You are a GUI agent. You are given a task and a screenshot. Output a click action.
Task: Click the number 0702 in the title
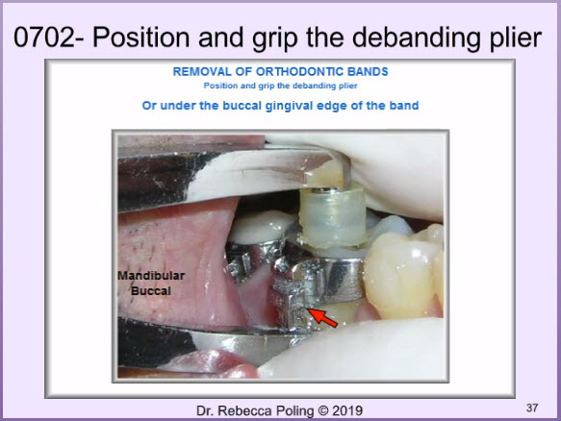(44, 37)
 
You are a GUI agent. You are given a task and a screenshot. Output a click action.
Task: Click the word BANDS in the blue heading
(368, 72)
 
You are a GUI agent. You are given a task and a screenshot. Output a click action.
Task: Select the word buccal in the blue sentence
(242, 106)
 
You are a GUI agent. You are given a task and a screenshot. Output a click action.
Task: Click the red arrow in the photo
(322, 318)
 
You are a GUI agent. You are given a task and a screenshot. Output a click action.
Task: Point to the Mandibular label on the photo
(151, 276)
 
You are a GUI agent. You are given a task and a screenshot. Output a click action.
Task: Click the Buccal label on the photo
(151, 291)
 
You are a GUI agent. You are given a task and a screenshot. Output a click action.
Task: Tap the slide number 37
(532, 408)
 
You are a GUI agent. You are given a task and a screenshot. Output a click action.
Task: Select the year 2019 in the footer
(347, 411)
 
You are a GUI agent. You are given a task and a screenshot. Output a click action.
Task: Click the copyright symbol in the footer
(323, 411)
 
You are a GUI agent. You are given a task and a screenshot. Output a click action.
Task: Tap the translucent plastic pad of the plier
(333, 217)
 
